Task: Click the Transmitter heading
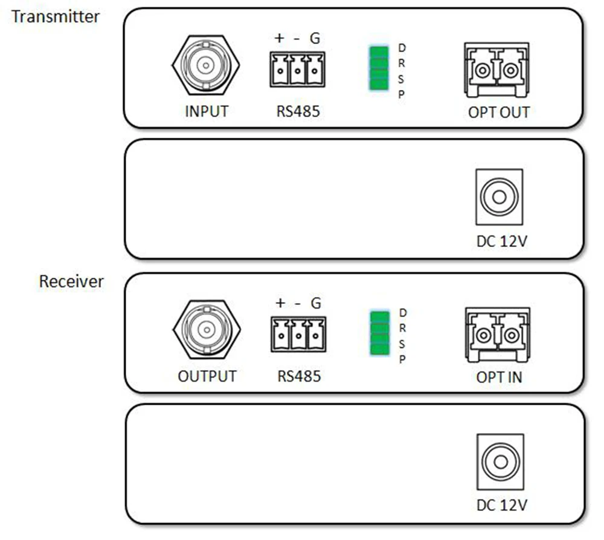[56, 16]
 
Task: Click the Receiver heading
[71, 281]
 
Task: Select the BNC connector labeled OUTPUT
[206, 329]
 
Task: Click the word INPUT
[206, 112]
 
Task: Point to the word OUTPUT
[207, 376]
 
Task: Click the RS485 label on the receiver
[299, 376]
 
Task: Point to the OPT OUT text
[499, 112]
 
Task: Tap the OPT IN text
[499, 378]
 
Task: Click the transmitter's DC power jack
[499, 198]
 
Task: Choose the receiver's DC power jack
[500, 462]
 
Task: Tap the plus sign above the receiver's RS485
[280, 303]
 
